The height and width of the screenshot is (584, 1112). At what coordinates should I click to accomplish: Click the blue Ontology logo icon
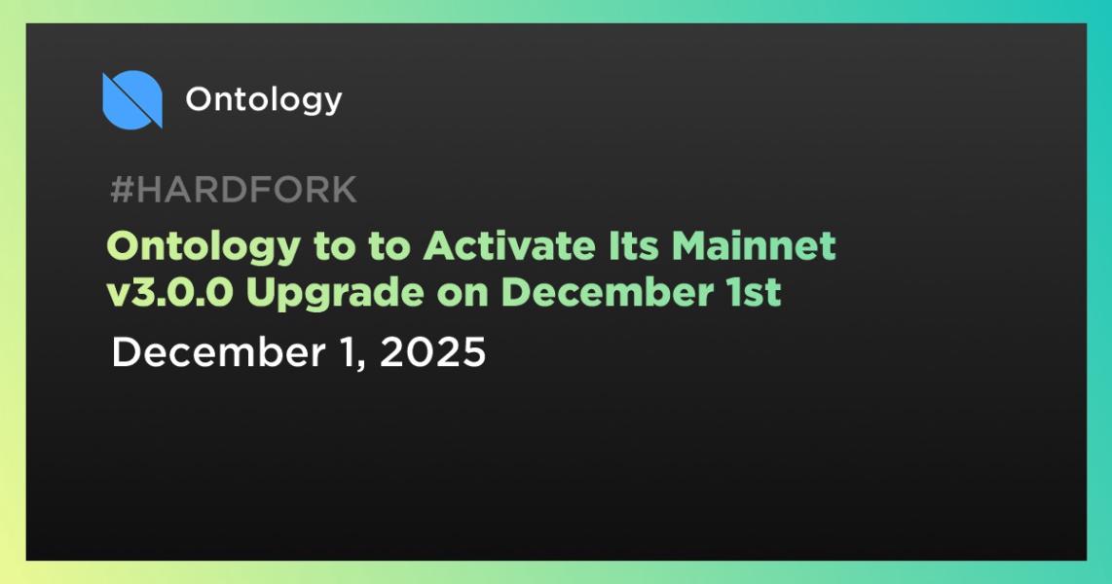tap(131, 99)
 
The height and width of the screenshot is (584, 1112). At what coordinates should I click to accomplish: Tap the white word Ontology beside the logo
tap(263, 99)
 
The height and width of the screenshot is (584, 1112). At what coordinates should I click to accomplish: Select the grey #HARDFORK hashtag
tap(234, 191)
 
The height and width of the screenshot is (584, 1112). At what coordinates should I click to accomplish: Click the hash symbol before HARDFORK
tap(121, 191)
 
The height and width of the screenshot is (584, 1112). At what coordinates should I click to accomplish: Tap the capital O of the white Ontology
tap(199, 99)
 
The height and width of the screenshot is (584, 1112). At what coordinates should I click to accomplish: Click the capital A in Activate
tap(437, 247)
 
